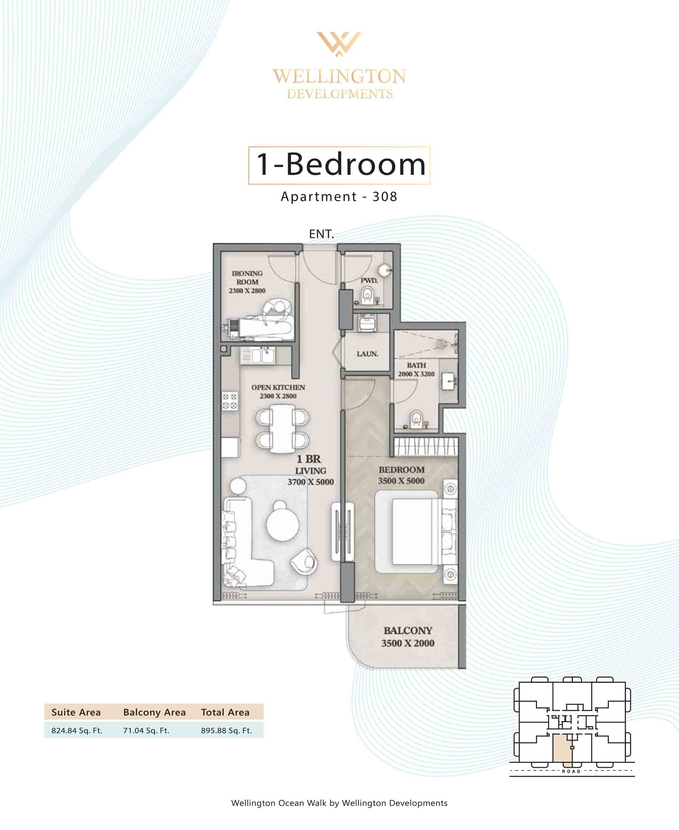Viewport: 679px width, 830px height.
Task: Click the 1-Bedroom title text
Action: pyautogui.click(x=341, y=164)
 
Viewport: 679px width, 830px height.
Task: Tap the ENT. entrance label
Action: pyautogui.click(x=321, y=234)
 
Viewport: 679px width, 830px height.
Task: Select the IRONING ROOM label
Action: pyautogui.click(x=247, y=277)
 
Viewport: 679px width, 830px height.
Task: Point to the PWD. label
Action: pyautogui.click(x=369, y=281)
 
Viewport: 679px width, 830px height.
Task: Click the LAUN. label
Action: pyautogui.click(x=367, y=354)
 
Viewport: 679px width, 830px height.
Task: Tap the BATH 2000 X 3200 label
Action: pyautogui.click(x=416, y=369)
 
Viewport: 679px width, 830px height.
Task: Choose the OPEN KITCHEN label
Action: pyautogui.click(x=278, y=387)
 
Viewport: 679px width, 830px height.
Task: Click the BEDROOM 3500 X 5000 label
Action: pyautogui.click(x=401, y=475)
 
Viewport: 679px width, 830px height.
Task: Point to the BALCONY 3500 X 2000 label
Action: pyautogui.click(x=408, y=636)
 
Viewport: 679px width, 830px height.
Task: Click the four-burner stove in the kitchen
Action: pyautogui.click(x=230, y=401)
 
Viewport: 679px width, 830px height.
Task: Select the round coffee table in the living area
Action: pyautogui.click(x=282, y=524)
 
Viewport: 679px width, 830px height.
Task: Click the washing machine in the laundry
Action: pyautogui.click(x=367, y=323)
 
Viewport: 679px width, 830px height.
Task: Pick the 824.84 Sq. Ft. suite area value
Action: pyautogui.click(x=77, y=730)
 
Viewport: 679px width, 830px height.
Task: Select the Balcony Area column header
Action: pyautogui.click(x=154, y=712)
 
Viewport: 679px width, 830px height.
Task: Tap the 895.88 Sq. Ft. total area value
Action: pyautogui.click(x=226, y=730)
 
